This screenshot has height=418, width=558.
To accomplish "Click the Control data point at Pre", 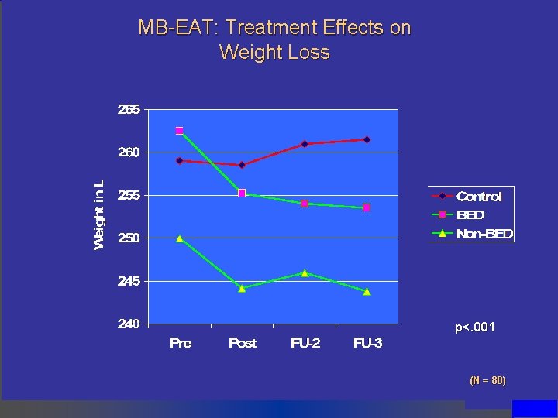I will click(179, 161).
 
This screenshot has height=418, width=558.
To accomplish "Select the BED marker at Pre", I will click(179, 131).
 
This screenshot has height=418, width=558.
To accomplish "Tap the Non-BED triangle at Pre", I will click(179, 238).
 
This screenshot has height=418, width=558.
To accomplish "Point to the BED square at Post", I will click(242, 194).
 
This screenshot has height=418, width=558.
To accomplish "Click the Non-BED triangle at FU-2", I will click(305, 272).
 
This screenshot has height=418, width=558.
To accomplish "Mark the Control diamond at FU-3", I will click(367, 139).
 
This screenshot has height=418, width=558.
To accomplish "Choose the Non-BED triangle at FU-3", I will click(367, 292).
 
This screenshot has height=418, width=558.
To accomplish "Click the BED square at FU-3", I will click(367, 207).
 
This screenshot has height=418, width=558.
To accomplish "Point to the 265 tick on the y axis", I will click(129, 110).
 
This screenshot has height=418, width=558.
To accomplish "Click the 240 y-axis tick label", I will click(129, 324).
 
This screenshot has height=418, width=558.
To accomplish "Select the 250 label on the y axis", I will click(129, 238).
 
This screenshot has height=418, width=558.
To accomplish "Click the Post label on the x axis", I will click(242, 343).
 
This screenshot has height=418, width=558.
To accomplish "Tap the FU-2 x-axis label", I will click(305, 343).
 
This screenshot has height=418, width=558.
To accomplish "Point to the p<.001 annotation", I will click(474, 328).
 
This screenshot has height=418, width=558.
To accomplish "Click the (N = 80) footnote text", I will click(487, 380).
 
